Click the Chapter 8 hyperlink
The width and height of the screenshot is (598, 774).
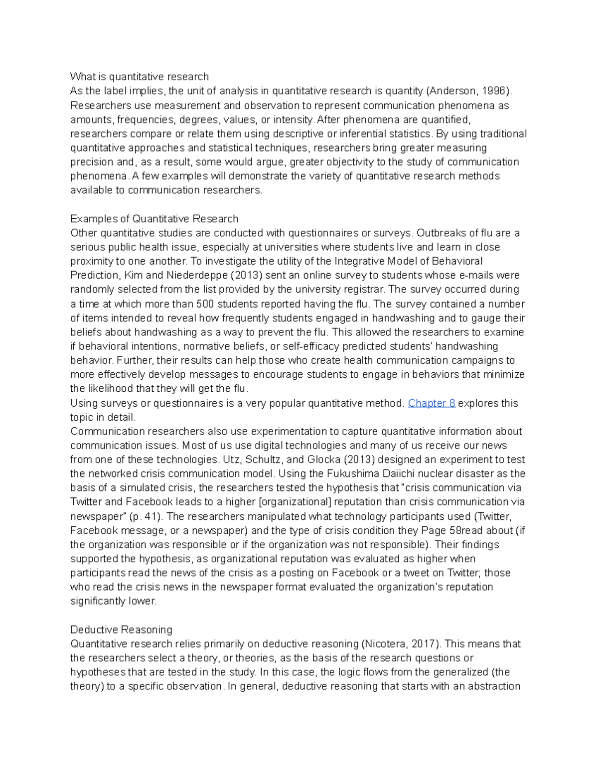(432, 403)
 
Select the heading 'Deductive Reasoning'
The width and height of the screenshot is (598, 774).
(121, 629)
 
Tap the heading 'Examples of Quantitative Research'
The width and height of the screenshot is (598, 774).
(154, 219)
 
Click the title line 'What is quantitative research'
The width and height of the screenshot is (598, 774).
(139, 77)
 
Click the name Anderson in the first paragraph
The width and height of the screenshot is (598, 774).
(453, 91)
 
